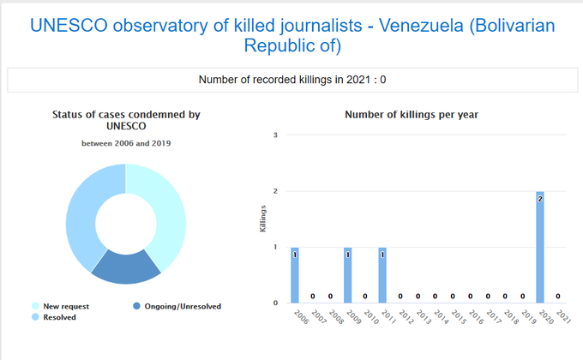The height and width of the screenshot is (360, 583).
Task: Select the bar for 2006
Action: (295, 274)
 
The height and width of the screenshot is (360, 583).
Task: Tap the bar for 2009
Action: (347, 274)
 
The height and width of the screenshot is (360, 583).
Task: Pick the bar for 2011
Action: (382, 274)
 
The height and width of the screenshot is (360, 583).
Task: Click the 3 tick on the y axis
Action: (276, 135)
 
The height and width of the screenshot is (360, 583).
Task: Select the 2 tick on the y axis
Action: (276, 191)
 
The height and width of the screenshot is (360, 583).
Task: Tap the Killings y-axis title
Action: (263, 219)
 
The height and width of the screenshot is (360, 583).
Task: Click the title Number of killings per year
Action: (411, 114)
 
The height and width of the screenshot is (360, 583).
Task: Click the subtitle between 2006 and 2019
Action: (126, 143)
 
